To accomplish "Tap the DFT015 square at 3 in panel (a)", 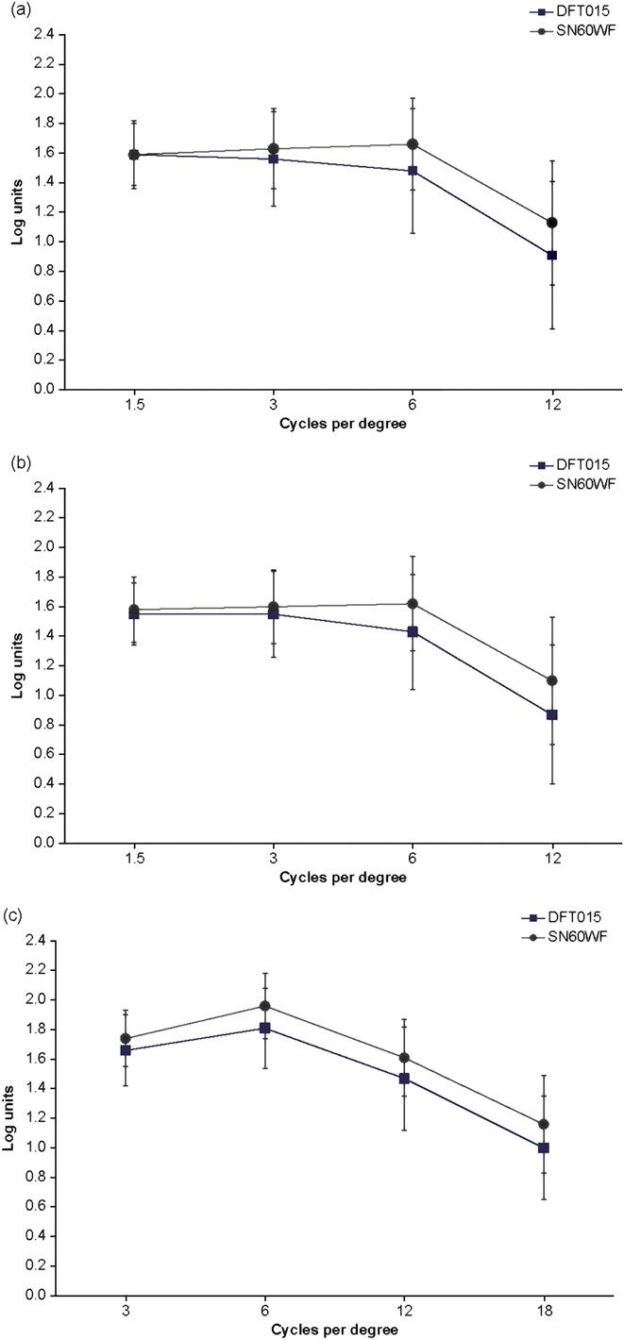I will (274, 159).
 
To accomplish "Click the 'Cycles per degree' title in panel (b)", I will (343, 878).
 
